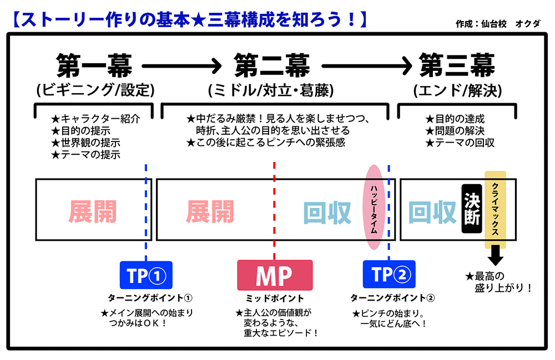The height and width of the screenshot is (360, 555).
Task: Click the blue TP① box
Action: coord(146,275)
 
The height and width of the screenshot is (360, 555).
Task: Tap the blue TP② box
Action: coord(389,275)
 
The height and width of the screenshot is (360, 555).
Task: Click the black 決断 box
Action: coord(471,209)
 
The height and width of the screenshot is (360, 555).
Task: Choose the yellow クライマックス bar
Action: coord(495,209)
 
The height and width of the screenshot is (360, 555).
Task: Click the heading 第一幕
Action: coord(94,65)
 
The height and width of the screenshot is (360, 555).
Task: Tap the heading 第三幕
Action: coord(457,65)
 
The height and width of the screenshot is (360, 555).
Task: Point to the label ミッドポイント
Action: coord(274,298)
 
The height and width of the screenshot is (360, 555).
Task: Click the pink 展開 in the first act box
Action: coord(93,210)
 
